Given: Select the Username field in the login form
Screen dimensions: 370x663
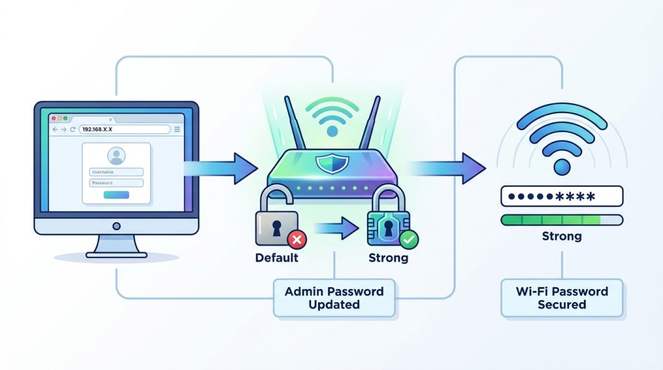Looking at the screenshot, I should click(116, 172).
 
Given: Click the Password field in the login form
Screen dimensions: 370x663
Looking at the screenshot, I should click(116, 183).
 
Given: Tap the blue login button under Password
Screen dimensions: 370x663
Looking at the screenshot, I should click(116, 195).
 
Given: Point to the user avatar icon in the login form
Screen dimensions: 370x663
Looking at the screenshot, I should click(117, 156).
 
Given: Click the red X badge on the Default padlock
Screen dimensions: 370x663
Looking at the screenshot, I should click(297, 241).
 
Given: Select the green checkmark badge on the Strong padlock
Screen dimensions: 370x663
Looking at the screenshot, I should click(409, 240).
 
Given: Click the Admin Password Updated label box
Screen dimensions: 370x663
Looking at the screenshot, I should click(334, 298).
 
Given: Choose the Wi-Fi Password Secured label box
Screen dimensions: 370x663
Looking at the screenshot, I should click(561, 298).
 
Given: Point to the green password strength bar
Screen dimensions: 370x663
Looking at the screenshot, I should click(550, 220).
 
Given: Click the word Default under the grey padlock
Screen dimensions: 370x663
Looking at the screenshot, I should click(276, 258).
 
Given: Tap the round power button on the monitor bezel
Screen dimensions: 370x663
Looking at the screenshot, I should click(117, 226).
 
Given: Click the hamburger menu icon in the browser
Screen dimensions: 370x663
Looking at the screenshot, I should click(177, 129).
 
